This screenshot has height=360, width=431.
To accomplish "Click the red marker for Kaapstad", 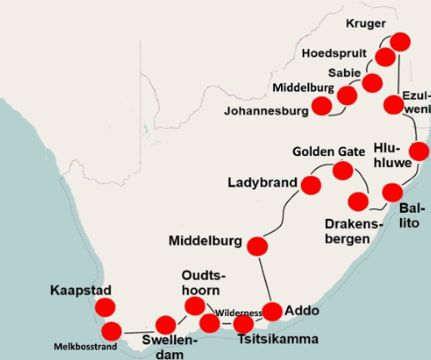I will click(x=105, y=307).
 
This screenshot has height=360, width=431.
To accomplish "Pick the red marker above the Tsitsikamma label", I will click(x=244, y=325).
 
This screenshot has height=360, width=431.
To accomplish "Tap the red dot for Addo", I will click(x=272, y=311).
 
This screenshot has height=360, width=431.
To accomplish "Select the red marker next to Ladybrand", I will click(x=310, y=183).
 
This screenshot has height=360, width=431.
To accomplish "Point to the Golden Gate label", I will click(x=328, y=152).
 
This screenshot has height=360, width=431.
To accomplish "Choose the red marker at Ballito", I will click(x=392, y=192).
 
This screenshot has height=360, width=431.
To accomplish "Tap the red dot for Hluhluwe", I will click(x=418, y=152).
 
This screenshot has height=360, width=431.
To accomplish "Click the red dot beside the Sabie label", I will click(x=372, y=83).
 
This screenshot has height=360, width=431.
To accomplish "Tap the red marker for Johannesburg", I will click(x=322, y=106).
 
